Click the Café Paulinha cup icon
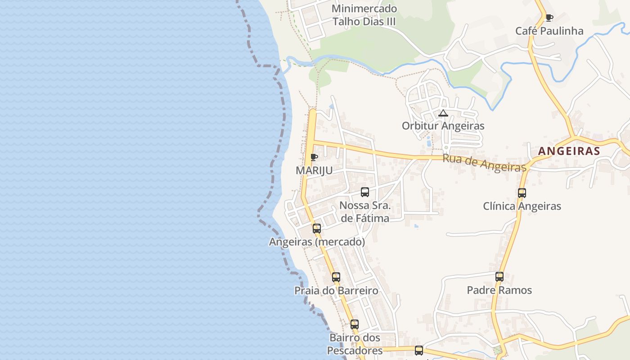pyautogui.click(x=549, y=18)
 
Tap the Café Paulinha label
pyautogui.click(x=549, y=31)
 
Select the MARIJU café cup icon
pyautogui.click(x=314, y=157)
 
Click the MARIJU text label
pyautogui.click(x=314, y=171)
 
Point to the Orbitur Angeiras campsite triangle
pyautogui.click(x=443, y=113)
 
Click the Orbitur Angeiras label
pyautogui.click(x=443, y=126)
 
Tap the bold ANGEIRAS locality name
pyautogui.click(x=569, y=151)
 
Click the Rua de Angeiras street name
pyautogui.click(x=484, y=162)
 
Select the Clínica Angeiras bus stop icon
pyautogui.click(x=522, y=193)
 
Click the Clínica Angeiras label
pyautogui.click(x=522, y=206)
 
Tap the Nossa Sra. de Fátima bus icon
pyautogui.click(x=365, y=192)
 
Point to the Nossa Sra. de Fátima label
pyautogui.click(x=365, y=212)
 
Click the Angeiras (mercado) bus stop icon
pyautogui.click(x=317, y=229)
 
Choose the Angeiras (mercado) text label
pyautogui.click(x=317, y=242)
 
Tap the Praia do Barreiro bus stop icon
pyautogui.click(x=336, y=277)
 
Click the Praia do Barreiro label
pyautogui.click(x=336, y=290)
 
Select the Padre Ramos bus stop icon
pyautogui.click(x=499, y=277)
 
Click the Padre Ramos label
pyautogui.click(x=499, y=290)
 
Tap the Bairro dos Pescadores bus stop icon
pyautogui.click(x=355, y=324)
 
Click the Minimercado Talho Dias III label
pyautogui.click(x=364, y=15)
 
